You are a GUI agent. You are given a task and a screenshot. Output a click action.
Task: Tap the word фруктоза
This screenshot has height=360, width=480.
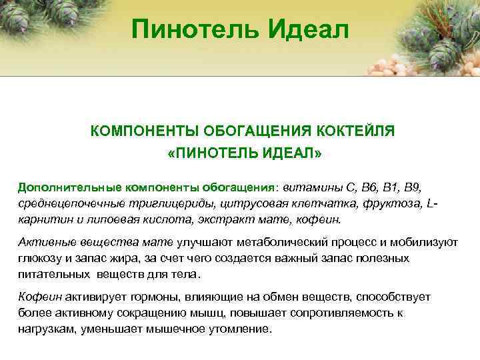pyautogui.click(x=391, y=203)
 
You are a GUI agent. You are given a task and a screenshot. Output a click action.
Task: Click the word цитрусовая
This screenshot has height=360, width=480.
pyautogui.click(x=262, y=203)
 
